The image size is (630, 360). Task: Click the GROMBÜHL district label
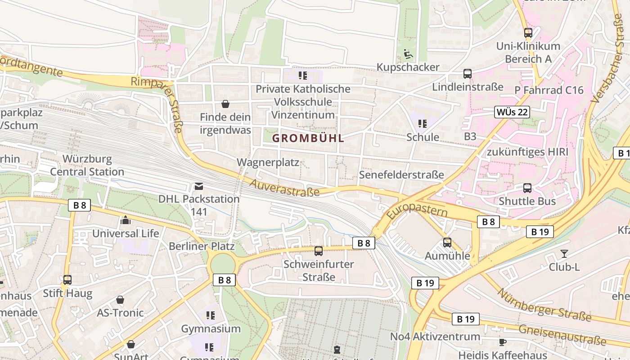point(308,138)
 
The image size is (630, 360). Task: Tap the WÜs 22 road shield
point(512,112)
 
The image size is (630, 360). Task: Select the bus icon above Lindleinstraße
point(468,74)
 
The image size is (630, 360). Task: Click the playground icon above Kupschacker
point(408,54)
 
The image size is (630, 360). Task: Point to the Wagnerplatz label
point(268,162)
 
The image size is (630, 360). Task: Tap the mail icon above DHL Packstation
point(198,186)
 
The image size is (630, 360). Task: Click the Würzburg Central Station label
point(87,165)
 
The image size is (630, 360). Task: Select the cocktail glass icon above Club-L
point(564,254)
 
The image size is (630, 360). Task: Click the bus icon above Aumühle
point(447,243)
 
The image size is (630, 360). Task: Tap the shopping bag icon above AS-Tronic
point(120,300)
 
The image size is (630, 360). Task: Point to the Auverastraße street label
point(284,188)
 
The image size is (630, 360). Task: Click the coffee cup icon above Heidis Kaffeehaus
point(503,342)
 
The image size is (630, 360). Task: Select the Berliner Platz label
point(202,246)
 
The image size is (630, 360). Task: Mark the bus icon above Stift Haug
point(67,280)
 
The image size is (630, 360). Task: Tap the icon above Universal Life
point(126,220)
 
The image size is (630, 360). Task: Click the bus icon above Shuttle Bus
point(527,188)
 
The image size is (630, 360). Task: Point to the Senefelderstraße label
point(401,175)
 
